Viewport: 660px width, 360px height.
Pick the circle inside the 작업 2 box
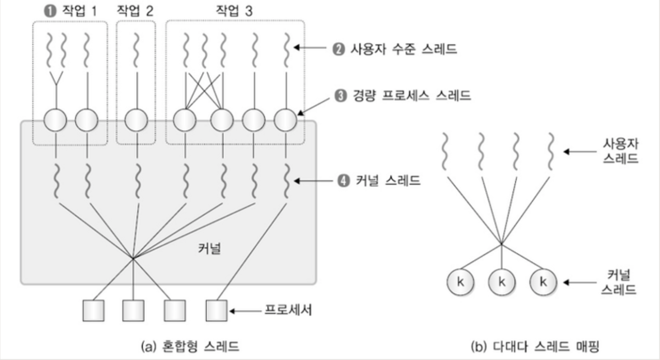[x=136, y=122]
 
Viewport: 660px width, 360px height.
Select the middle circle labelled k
[x=501, y=282]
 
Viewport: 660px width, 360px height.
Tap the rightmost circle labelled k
[x=542, y=282]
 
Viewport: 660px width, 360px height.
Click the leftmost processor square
[x=93, y=310]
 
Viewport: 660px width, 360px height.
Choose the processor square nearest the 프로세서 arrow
[x=216, y=310]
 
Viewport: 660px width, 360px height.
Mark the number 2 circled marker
[x=338, y=50]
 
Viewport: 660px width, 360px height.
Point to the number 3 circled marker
[x=338, y=96]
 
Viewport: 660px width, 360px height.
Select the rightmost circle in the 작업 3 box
[x=285, y=122]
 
